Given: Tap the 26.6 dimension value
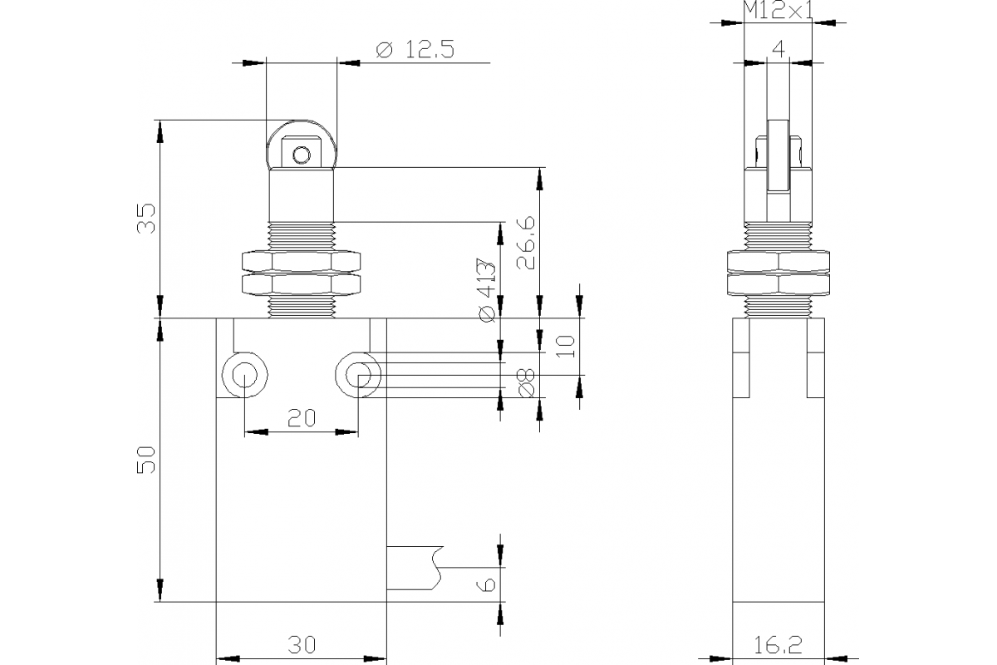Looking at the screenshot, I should click(526, 244).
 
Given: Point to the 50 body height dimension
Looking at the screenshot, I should click(146, 459).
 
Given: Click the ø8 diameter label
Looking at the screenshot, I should click(526, 383).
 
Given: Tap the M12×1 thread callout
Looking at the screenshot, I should click(778, 11).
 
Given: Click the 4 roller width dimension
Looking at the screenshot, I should click(778, 48).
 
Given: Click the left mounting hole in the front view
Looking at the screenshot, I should click(243, 376).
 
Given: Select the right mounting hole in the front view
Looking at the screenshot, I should click(358, 376).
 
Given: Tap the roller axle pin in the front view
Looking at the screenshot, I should click(302, 155).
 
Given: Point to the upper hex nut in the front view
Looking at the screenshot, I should click(302, 261).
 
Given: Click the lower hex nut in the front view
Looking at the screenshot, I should click(302, 285).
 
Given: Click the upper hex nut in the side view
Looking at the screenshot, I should click(778, 261).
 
